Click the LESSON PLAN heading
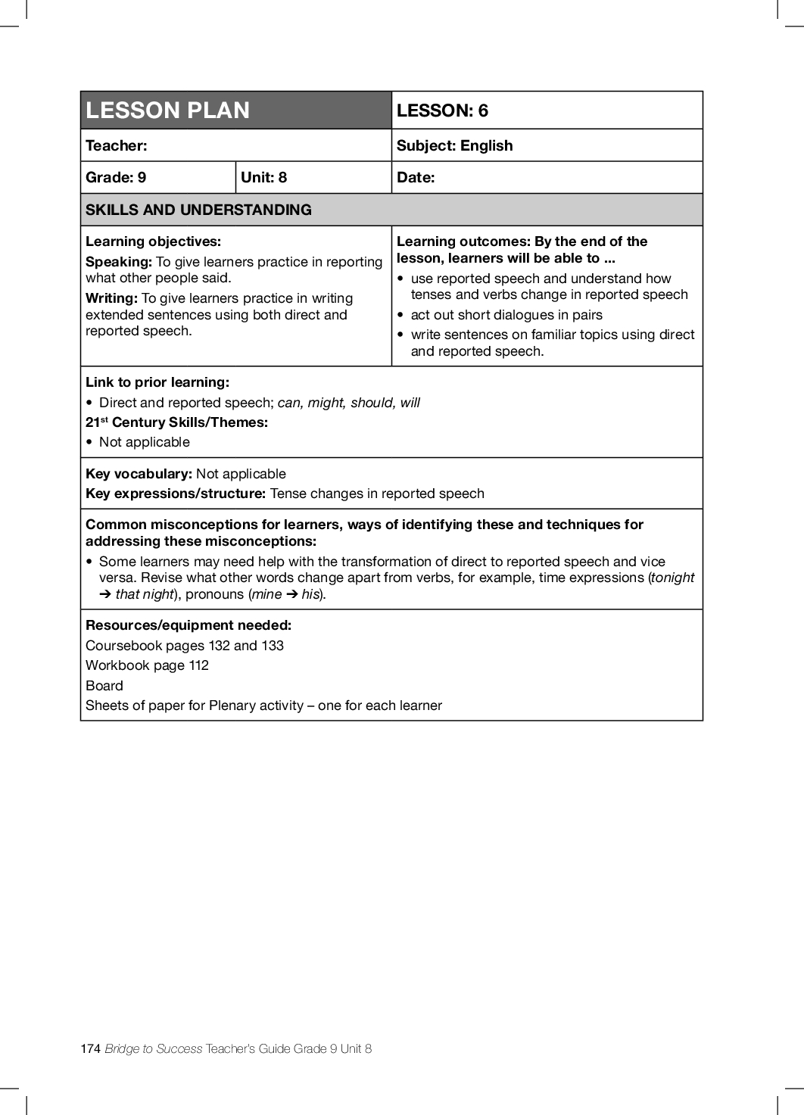[x=167, y=111]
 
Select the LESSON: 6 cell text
[x=442, y=111]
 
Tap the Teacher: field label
[x=117, y=145]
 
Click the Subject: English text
[x=454, y=145]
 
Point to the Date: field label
[x=416, y=177]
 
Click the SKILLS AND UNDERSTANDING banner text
[x=198, y=210]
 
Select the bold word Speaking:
[x=119, y=262]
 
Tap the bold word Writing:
[x=111, y=298]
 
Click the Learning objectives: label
[x=153, y=241]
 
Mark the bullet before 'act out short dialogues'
[x=400, y=315]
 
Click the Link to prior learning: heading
[x=157, y=382]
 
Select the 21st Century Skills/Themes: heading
[x=176, y=422]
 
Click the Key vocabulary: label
[x=139, y=474]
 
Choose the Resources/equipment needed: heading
[x=189, y=625]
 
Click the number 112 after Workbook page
[x=199, y=665]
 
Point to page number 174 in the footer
[x=90, y=1048]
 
